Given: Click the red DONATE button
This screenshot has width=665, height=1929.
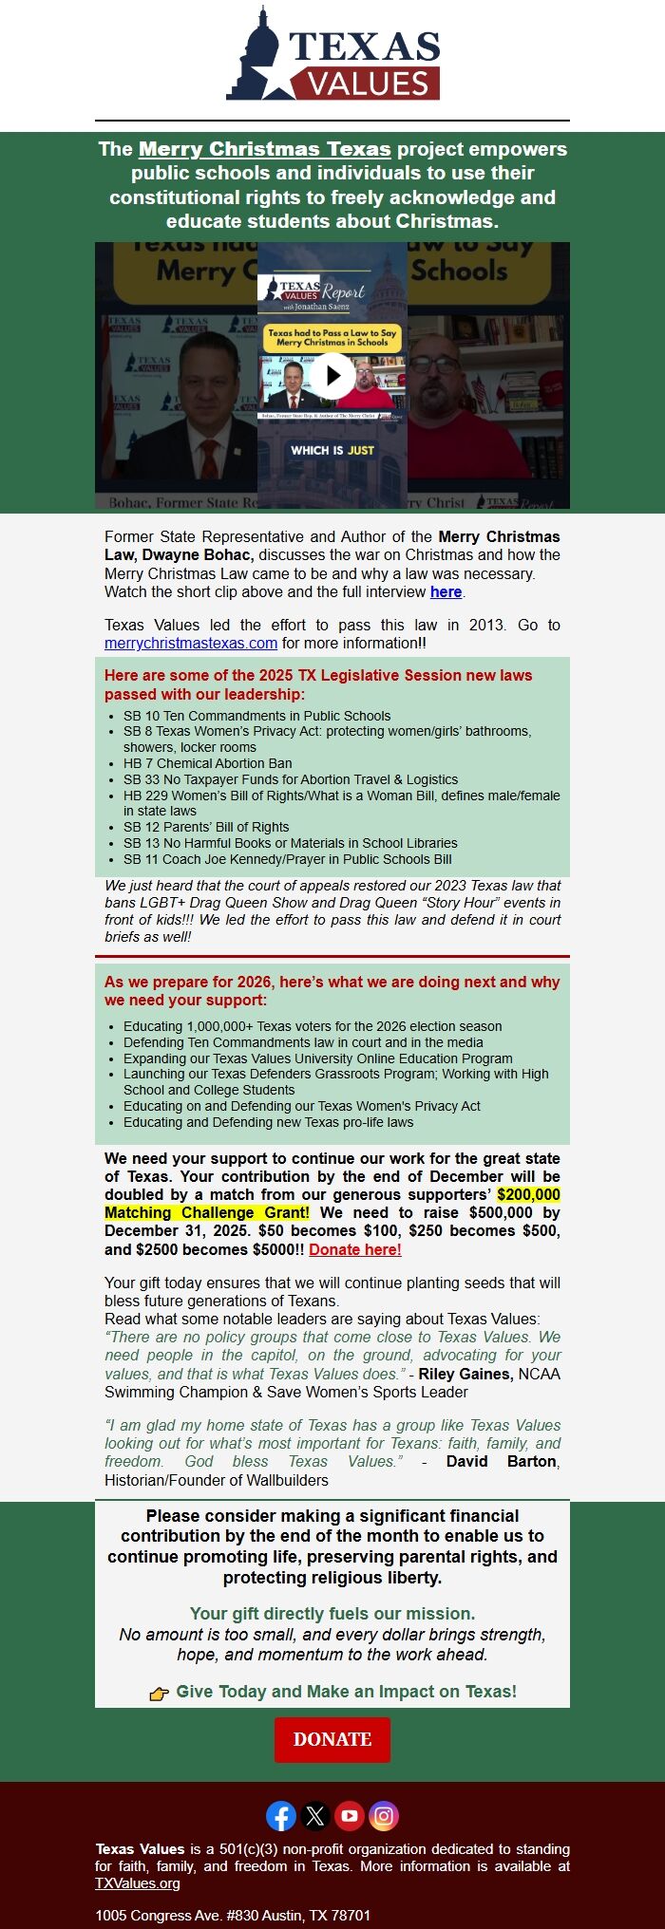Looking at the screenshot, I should (x=332, y=1739).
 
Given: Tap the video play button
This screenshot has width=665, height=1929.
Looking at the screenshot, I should (x=332, y=375).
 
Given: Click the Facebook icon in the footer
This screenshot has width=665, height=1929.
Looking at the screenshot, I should (x=281, y=1816).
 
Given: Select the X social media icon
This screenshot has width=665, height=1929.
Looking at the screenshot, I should (x=315, y=1816).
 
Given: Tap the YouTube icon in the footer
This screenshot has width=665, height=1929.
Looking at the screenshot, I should (x=350, y=1816).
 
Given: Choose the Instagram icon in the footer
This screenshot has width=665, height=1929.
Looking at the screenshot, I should (x=384, y=1816).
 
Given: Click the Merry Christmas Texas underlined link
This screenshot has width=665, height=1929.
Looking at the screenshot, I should (x=264, y=149).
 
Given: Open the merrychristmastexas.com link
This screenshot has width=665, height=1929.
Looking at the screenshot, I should (x=191, y=643).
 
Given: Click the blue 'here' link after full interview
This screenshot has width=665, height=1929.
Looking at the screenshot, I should (x=446, y=591).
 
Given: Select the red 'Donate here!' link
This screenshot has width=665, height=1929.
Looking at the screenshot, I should (x=354, y=1249).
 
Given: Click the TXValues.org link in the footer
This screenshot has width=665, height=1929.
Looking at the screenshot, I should (x=137, y=1883).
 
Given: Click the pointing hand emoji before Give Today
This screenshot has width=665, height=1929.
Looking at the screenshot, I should (x=160, y=1693).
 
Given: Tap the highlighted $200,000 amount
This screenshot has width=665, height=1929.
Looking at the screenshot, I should (x=528, y=1194).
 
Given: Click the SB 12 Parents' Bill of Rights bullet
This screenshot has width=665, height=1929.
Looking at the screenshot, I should (x=206, y=827).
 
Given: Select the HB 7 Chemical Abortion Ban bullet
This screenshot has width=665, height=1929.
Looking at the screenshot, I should (x=207, y=763).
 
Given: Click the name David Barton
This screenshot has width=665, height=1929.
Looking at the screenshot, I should (x=501, y=1461).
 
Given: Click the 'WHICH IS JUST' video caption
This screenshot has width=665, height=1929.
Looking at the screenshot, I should (x=332, y=450).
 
